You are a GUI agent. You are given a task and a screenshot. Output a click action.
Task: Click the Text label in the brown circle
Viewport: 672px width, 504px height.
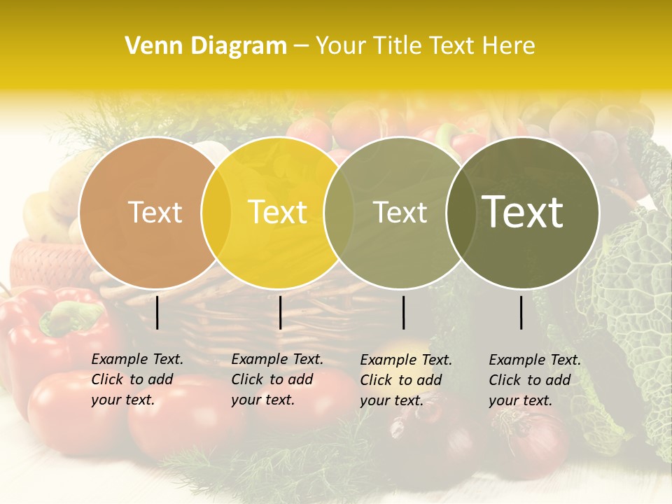click(155, 213)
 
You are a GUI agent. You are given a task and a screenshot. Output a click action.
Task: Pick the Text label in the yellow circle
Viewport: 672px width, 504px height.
click(278, 213)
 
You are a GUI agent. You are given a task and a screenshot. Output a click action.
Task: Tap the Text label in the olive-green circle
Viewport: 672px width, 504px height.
click(400, 213)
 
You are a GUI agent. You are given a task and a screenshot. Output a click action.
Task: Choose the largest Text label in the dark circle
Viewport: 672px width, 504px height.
click(523, 212)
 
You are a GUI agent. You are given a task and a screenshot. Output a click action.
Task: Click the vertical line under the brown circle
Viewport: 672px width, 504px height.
click(157, 312)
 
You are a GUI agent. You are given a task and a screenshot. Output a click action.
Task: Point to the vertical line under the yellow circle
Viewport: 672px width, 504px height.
click(280, 312)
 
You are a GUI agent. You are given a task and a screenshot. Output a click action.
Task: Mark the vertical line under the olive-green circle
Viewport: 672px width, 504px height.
click(403, 312)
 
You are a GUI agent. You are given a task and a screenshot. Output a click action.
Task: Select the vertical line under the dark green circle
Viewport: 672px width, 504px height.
click(521, 312)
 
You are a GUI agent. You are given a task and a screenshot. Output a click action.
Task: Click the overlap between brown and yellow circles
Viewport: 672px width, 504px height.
click(216, 213)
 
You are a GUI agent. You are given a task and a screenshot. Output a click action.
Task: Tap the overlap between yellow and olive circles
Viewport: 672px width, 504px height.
click(339, 213)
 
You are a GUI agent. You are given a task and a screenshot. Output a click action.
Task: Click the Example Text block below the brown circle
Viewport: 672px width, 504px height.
click(137, 379)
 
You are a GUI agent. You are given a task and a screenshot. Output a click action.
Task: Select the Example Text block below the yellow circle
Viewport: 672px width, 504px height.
click(277, 379)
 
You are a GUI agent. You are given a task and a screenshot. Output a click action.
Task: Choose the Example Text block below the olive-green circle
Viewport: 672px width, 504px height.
click(406, 380)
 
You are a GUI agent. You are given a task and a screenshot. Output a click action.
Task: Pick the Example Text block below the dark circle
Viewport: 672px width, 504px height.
click(535, 380)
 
